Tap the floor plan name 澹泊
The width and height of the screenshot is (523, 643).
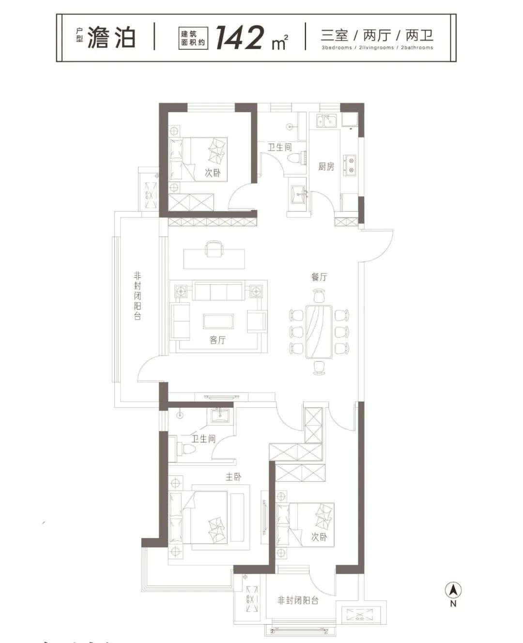111,37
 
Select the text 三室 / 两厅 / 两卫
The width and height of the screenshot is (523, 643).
377,35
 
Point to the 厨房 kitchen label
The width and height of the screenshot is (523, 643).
326,167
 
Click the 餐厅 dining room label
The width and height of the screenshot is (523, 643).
319,277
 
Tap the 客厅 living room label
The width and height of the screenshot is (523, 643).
217,340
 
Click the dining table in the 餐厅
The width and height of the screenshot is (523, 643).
319,332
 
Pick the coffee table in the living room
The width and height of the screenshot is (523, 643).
218,321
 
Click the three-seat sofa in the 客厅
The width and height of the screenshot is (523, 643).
218,291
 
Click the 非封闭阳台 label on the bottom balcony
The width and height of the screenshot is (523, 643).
298,601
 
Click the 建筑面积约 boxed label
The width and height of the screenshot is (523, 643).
193,38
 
